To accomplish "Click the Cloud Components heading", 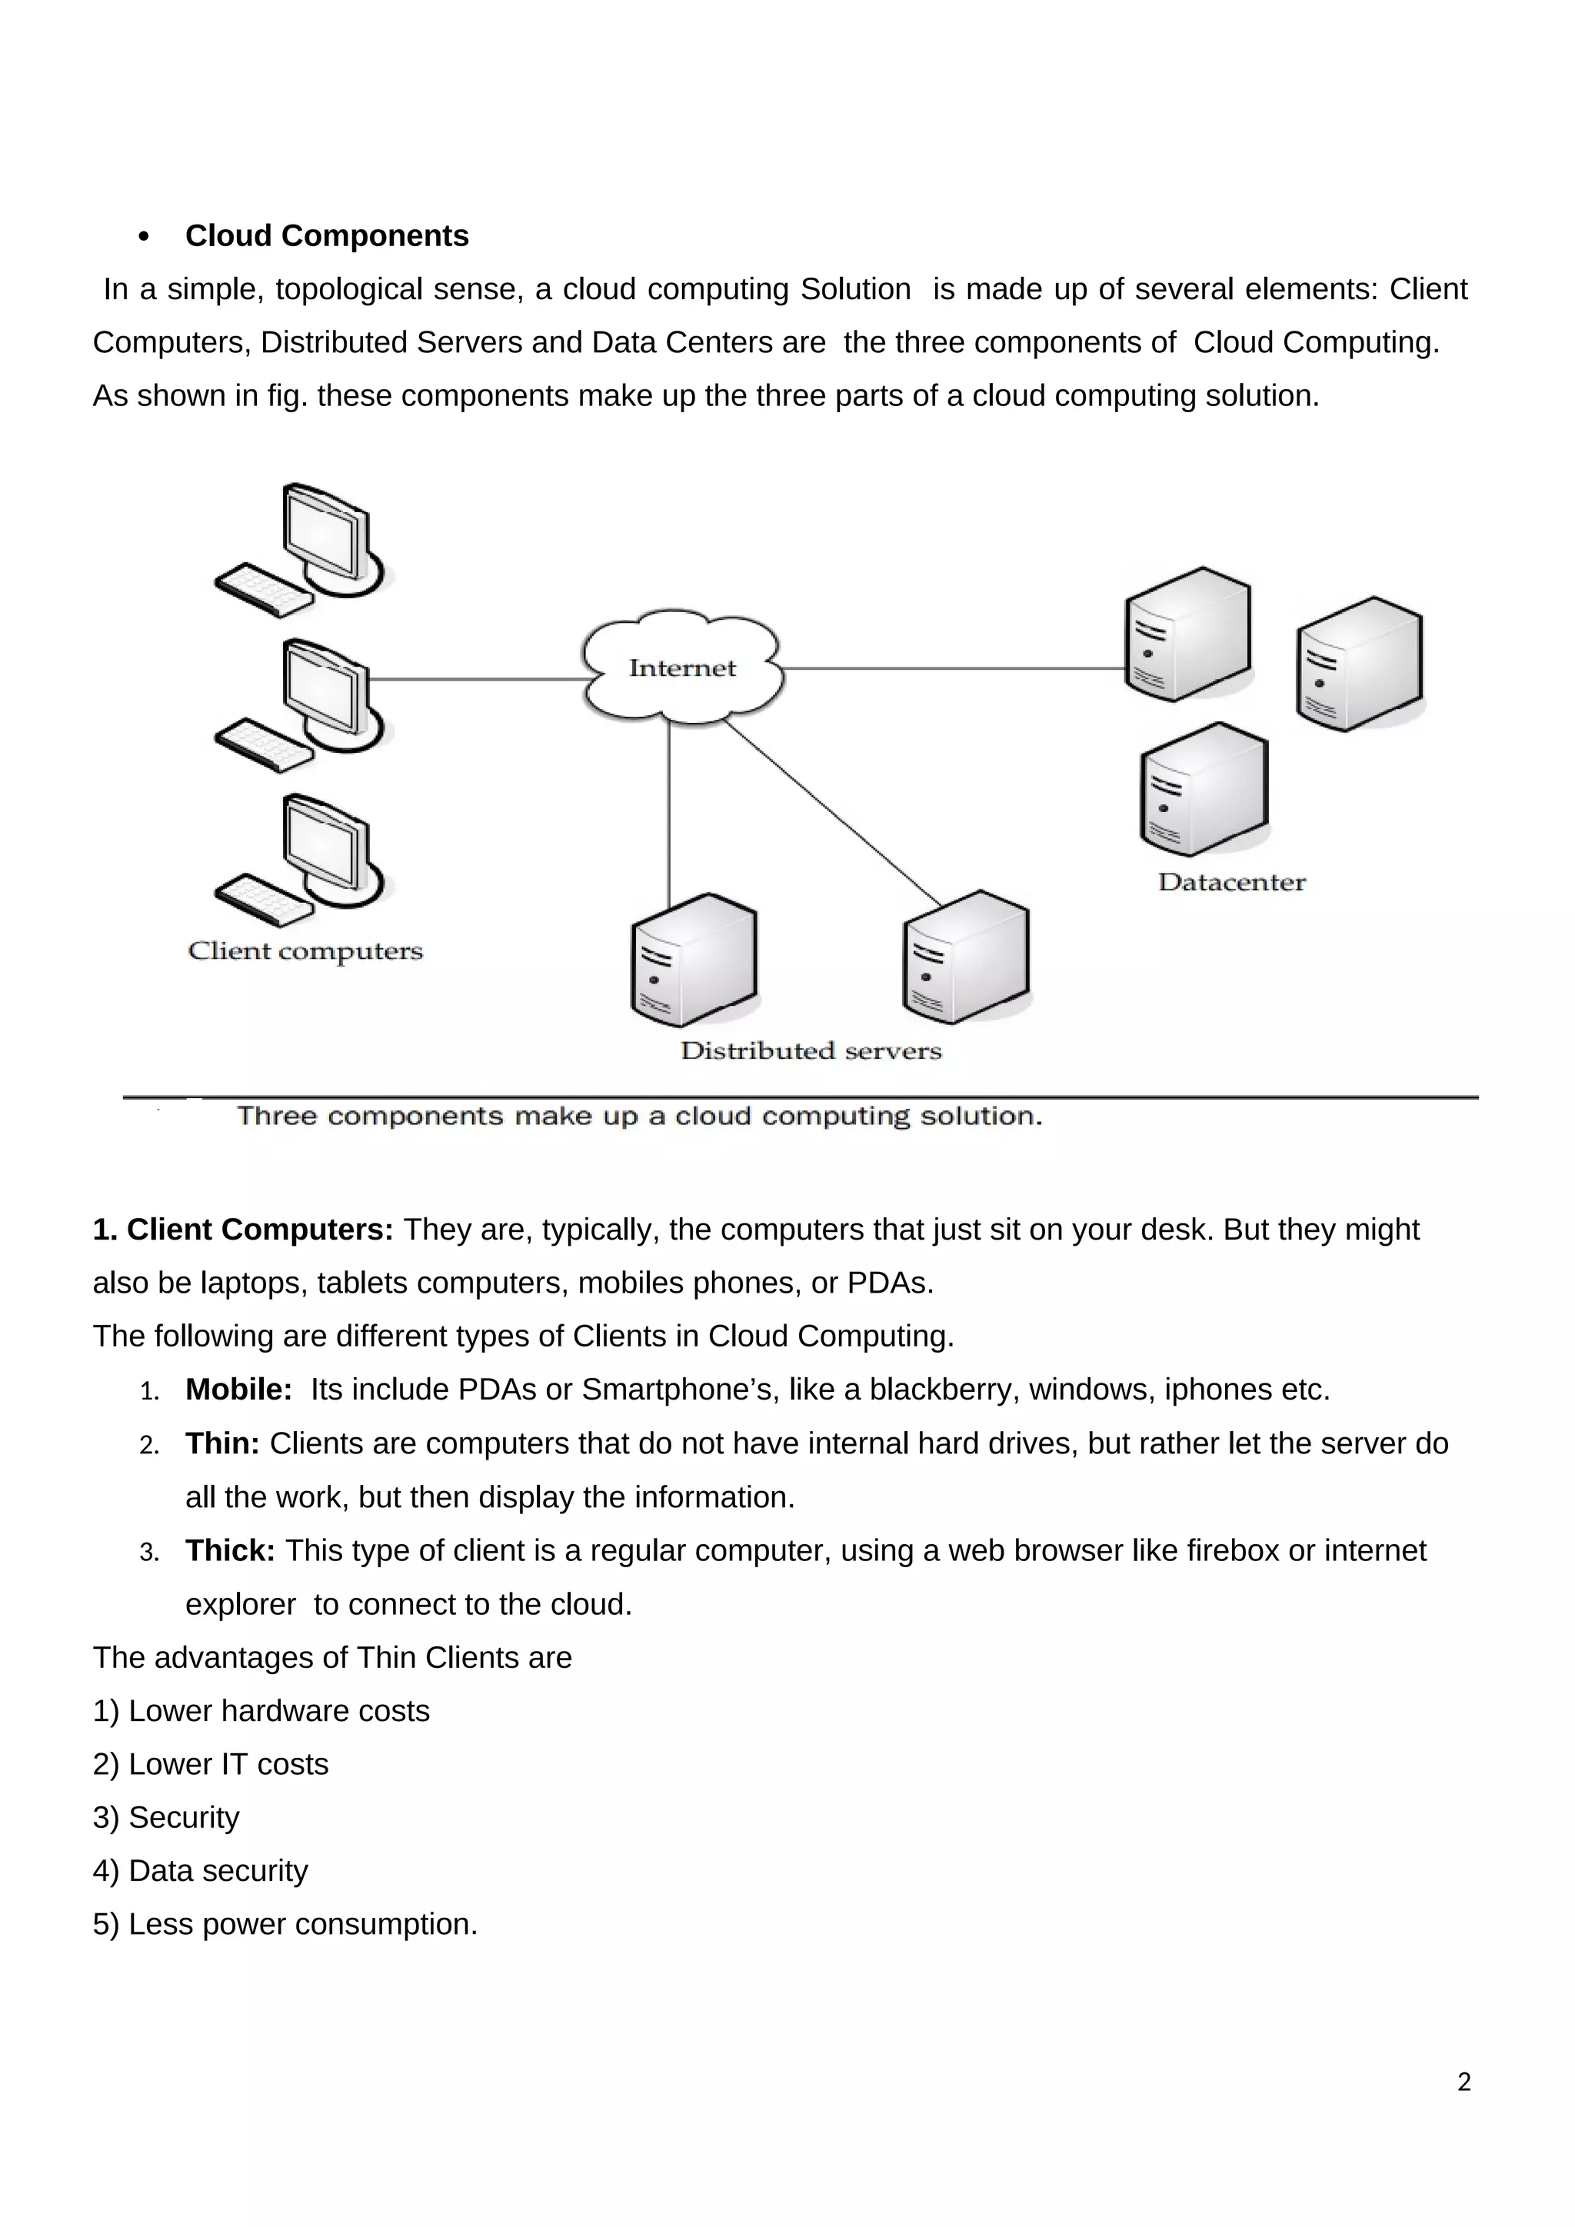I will [x=326, y=236].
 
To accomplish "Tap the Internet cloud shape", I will [x=682, y=667].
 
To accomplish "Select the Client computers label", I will [x=305, y=950].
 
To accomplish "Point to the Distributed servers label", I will [x=811, y=1050].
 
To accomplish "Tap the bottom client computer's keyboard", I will [x=263, y=901].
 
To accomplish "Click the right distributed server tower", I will [x=965, y=957].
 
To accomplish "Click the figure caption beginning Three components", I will [x=639, y=1117].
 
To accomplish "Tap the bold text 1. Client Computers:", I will [x=242, y=1230].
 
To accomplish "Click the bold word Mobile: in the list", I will [x=238, y=1390].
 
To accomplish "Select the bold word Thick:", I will [x=230, y=1551].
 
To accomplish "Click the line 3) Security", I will [x=166, y=1818].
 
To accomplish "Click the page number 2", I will [x=1463, y=2082].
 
